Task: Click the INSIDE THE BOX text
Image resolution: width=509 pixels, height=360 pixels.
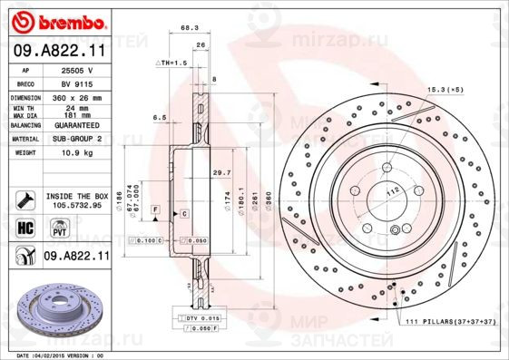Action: click(x=77, y=196)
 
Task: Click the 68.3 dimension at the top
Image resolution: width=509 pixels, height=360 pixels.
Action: click(x=191, y=28)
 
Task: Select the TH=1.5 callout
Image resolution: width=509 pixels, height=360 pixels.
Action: click(x=172, y=63)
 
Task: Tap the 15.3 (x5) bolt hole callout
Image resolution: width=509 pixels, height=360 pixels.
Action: click(x=442, y=90)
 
